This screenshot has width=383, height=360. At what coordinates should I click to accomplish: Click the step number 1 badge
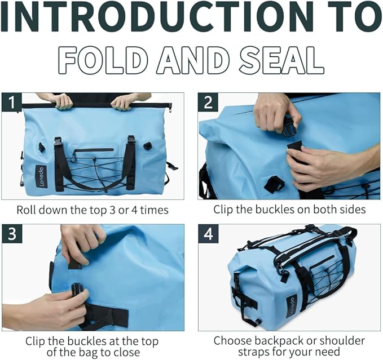click(12, 103)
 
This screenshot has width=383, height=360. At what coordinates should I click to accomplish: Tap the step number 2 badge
click(208, 103)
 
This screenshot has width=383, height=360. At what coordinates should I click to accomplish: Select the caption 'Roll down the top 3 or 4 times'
click(93, 210)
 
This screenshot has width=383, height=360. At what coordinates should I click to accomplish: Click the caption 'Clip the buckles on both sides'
click(289, 210)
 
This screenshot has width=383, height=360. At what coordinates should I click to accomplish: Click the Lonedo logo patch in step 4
click(290, 306)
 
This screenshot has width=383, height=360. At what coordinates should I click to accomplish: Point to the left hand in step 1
click(62, 101)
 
